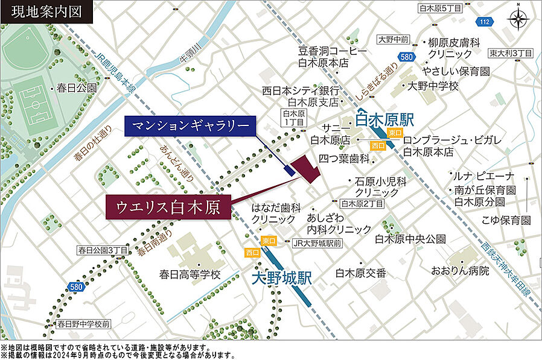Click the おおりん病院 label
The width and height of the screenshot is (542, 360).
pos(460,271)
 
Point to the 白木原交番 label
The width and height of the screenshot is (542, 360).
pos(361,273)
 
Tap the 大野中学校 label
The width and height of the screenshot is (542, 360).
pos(433,86)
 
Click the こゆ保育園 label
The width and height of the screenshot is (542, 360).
pos(506,220)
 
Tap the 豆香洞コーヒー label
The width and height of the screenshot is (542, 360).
pos(333,51)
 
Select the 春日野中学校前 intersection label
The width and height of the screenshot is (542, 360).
pos(84,324)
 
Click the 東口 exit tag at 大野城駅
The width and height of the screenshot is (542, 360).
pos(269,240)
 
